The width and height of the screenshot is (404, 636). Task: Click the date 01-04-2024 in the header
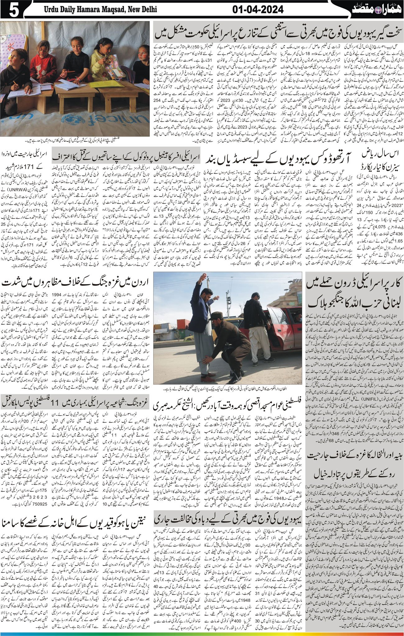pos(258,10)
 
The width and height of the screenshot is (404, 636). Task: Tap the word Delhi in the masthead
pos(147,10)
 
